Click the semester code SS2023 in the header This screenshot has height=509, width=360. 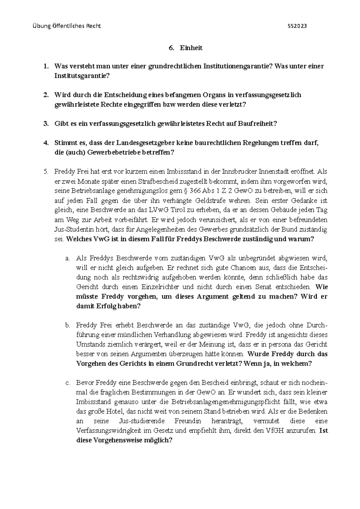297,26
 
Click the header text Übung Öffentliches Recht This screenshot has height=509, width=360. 66,26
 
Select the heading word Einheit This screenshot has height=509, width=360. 191,48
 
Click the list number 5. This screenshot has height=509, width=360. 45,172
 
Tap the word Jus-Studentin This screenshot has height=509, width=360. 75,229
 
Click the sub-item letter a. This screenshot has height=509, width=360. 67,258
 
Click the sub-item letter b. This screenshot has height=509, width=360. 67,325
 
